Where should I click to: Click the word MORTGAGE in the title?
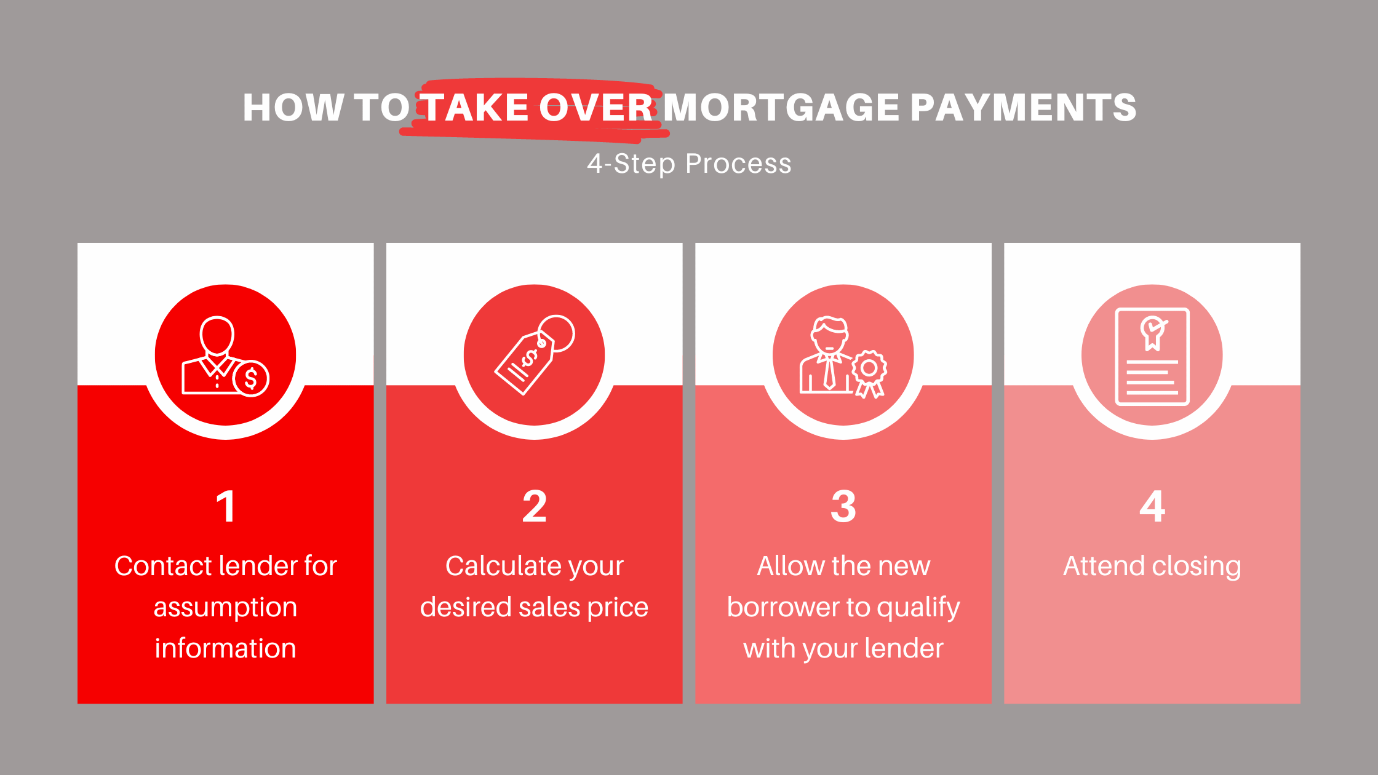click(x=781, y=108)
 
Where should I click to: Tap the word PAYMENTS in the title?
click(x=1023, y=108)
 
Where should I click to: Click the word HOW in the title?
click(x=293, y=108)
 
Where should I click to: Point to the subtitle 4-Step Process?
click(x=689, y=164)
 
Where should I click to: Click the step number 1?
click(x=226, y=506)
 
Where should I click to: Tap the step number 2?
click(x=535, y=506)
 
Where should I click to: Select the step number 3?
click(x=843, y=506)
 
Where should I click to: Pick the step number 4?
click(x=1152, y=506)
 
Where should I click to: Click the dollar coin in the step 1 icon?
click(x=251, y=378)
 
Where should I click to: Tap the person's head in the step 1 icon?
click(x=217, y=335)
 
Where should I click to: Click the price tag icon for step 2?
click(x=534, y=355)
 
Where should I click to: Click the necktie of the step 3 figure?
click(x=829, y=372)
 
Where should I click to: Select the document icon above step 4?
click(x=1152, y=357)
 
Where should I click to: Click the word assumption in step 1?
click(x=225, y=608)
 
